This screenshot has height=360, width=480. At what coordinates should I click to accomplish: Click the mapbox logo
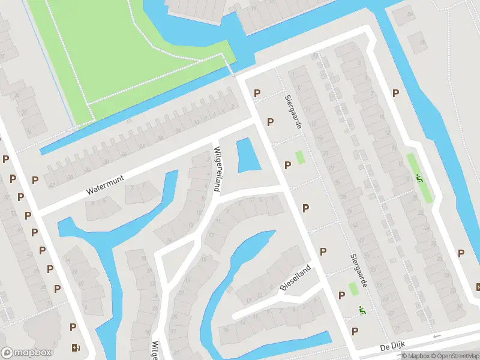coord(26,353)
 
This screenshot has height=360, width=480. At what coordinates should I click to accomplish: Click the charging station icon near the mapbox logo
coord(75,347)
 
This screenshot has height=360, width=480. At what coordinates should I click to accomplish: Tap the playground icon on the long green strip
coord(420,178)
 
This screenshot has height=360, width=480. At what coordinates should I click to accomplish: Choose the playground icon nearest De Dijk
coord(362,310)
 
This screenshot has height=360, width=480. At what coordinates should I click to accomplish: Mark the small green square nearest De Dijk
coord(353,289)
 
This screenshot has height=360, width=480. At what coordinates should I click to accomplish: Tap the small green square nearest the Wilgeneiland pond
coord(300,158)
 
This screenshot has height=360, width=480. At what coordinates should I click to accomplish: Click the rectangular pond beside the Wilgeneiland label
coord(246,156)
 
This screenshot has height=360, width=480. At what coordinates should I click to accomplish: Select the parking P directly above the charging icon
coord(73,327)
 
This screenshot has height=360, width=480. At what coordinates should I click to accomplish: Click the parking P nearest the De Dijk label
coord(355,331)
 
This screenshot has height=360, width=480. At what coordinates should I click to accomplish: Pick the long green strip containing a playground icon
coord(419,178)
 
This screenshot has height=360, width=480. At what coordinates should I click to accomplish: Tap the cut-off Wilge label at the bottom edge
coord(155,350)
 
